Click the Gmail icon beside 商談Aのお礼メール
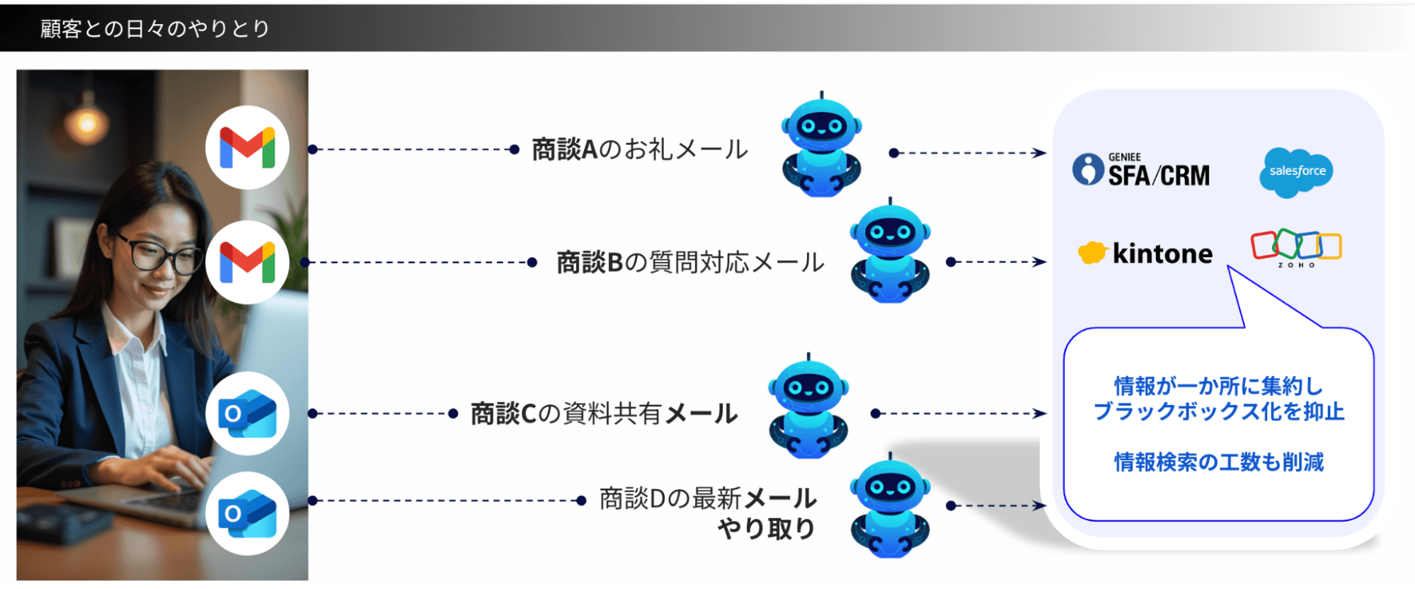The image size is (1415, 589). pyautogui.click(x=247, y=147)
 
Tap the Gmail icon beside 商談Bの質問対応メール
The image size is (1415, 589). pyautogui.click(x=247, y=262)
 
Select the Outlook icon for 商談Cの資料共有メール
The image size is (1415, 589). pyautogui.click(x=247, y=413)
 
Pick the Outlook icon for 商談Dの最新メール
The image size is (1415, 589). pyautogui.click(x=247, y=513)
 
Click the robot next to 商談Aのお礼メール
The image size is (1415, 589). pyautogui.click(x=821, y=146)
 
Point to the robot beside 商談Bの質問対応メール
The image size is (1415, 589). pyautogui.click(x=890, y=252)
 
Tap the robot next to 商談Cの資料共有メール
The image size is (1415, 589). pyautogui.click(x=808, y=408)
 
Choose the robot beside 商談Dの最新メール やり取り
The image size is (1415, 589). pyautogui.click(x=890, y=507)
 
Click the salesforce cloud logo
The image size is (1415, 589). pyautogui.click(x=1296, y=171)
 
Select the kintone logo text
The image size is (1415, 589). pyautogui.click(x=1162, y=253)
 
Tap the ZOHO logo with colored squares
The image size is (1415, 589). pyautogui.click(x=1296, y=248)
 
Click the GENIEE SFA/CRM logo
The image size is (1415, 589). pyautogui.click(x=1141, y=171)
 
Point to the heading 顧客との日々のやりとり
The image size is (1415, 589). pyautogui.click(x=155, y=28)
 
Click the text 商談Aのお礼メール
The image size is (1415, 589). pyautogui.click(x=639, y=149)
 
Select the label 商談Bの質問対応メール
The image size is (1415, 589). pyautogui.click(x=690, y=263)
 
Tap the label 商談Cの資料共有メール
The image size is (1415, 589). pyautogui.click(x=604, y=413)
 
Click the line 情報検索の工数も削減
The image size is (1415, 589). pyautogui.click(x=1218, y=462)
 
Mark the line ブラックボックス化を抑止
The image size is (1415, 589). pyautogui.click(x=1218, y=411)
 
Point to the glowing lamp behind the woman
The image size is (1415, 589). pyautogui.click(x=87, y=124)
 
